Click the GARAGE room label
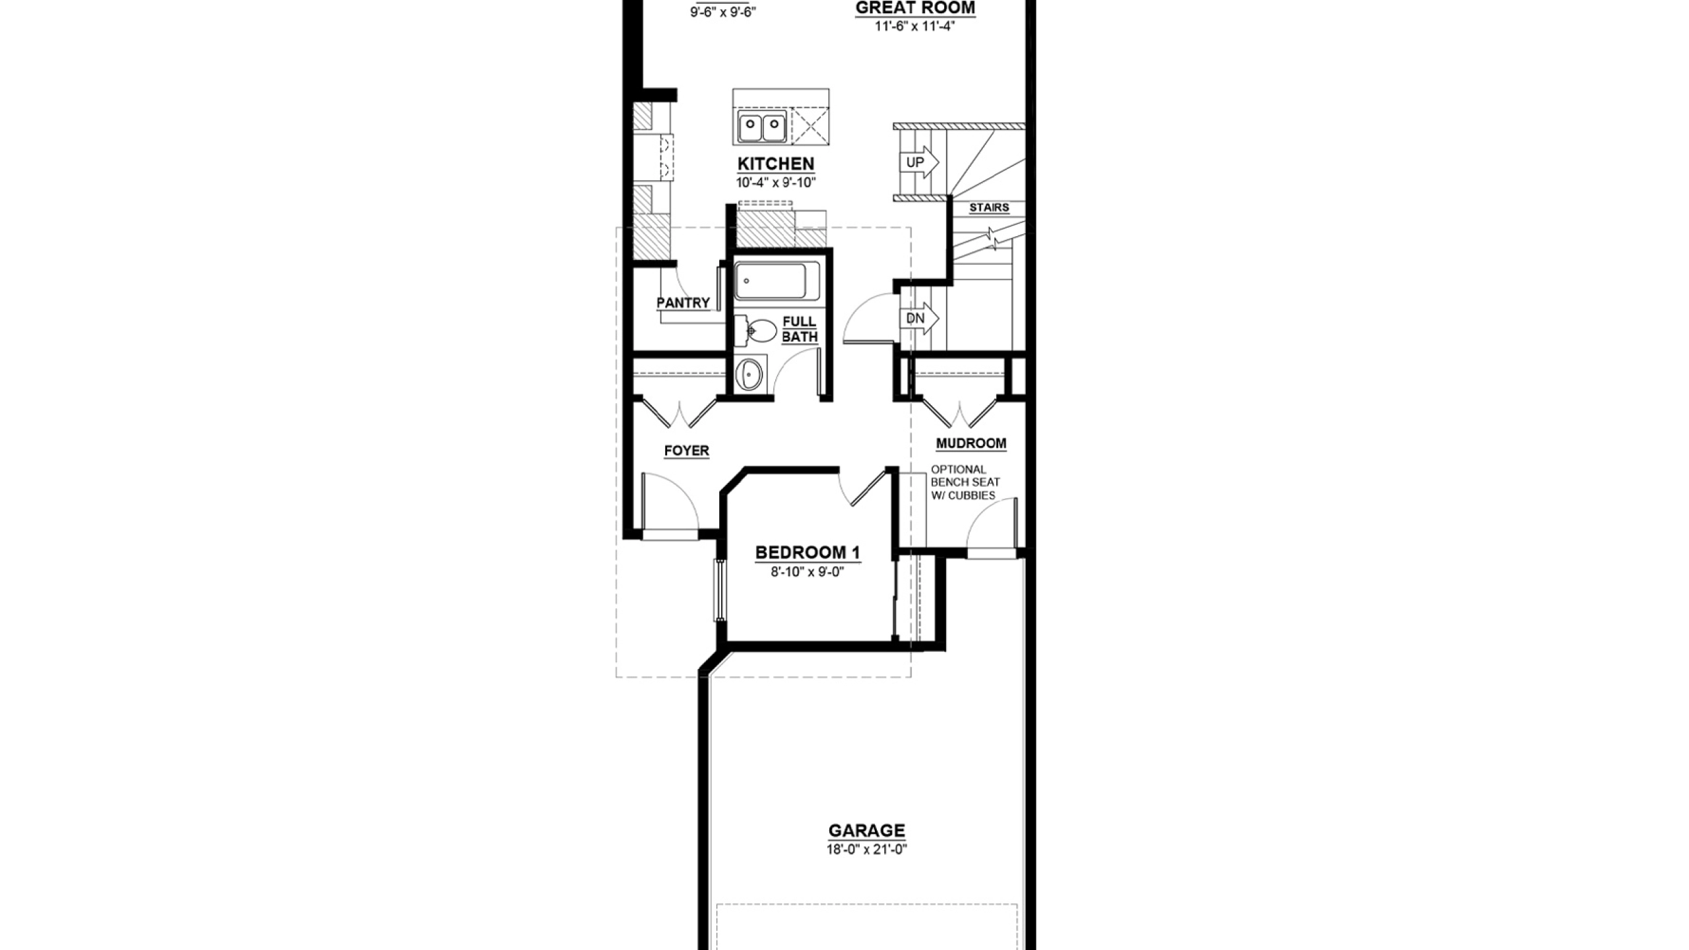coord(867,831)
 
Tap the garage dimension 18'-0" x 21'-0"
coord(867,850)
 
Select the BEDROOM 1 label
coord(808,552)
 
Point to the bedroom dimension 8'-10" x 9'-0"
coord(808,572)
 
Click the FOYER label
coord(687,451)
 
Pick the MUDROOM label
coord(971,443)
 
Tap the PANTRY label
coord(683,303)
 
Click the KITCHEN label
coord(776,164)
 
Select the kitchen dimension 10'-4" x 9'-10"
coord(776,183)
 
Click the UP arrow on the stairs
coord(919,162)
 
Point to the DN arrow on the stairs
coord(919,319)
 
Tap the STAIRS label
coord(989,208)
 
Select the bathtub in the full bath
coord(777,281)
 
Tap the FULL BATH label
coord(800,329)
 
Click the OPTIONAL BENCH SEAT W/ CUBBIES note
coord(965,482)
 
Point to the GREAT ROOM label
coord(915,8)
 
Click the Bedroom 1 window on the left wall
coord(720,590)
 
